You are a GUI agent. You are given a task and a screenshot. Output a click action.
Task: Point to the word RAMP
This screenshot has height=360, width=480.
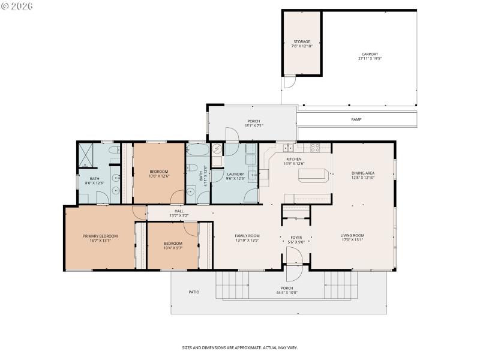356,119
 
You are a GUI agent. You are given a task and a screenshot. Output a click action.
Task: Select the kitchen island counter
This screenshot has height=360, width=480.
313,175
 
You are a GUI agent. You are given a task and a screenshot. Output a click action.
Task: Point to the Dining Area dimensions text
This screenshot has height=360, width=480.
363,178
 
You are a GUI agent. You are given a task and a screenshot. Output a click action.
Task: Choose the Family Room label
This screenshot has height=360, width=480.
247,238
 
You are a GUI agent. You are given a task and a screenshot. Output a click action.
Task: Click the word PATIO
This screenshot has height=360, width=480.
194,292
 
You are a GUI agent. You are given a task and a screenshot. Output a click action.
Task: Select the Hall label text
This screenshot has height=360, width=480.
179,213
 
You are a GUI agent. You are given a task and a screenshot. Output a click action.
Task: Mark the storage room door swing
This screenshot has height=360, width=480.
289,82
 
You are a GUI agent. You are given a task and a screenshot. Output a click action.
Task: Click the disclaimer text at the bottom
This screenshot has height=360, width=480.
240,347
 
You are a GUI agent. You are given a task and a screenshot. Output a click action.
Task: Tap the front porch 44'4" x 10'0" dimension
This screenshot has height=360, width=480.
286,293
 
